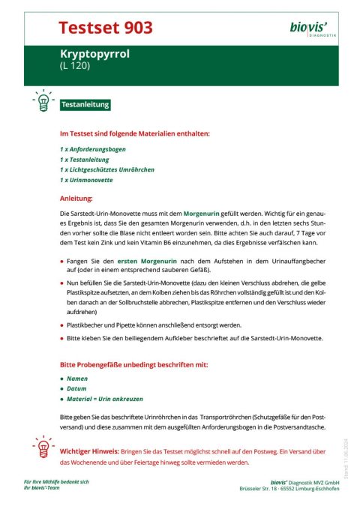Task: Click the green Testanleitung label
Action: [85, 105]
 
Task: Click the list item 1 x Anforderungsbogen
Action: [94, 149]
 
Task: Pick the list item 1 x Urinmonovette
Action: [86, 181]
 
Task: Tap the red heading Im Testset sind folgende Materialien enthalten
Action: [134, 133]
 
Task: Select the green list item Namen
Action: [77, 379]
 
